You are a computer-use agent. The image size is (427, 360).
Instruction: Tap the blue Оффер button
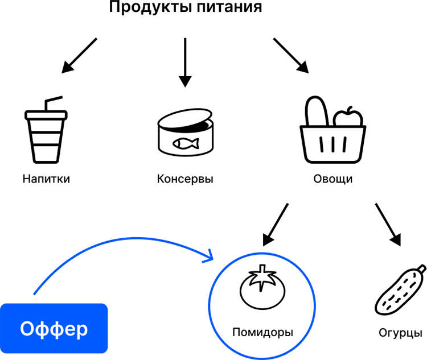(54, 328)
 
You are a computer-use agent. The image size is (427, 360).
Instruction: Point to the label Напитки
(46, 179)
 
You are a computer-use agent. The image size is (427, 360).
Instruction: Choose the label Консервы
(185, 179)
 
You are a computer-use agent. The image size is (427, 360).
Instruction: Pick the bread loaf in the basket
(317, 111)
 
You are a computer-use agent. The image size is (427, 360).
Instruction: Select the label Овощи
(333, 179)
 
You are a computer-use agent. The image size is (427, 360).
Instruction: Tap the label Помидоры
(262, 332)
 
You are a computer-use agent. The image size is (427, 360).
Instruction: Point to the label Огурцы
(400, 333)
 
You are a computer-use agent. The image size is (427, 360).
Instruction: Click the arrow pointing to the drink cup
(79, 55)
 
